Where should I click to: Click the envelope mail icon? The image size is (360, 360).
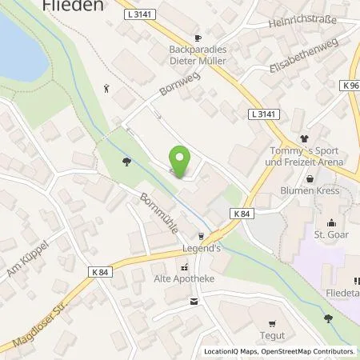click(x=194, y=302)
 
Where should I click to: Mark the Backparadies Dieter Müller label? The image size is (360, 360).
click(x=201, y=54)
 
